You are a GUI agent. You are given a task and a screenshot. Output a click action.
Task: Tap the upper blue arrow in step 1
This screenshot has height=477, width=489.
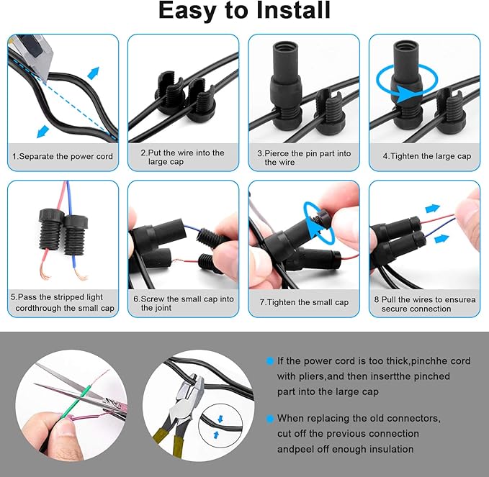point(94,73)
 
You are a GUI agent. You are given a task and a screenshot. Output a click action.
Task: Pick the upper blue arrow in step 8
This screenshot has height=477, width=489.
point(433,209)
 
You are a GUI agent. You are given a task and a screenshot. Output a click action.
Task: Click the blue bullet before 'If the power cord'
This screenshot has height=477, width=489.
point(269,360)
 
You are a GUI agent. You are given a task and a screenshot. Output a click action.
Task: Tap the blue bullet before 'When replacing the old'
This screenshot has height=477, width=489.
point(269,418)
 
